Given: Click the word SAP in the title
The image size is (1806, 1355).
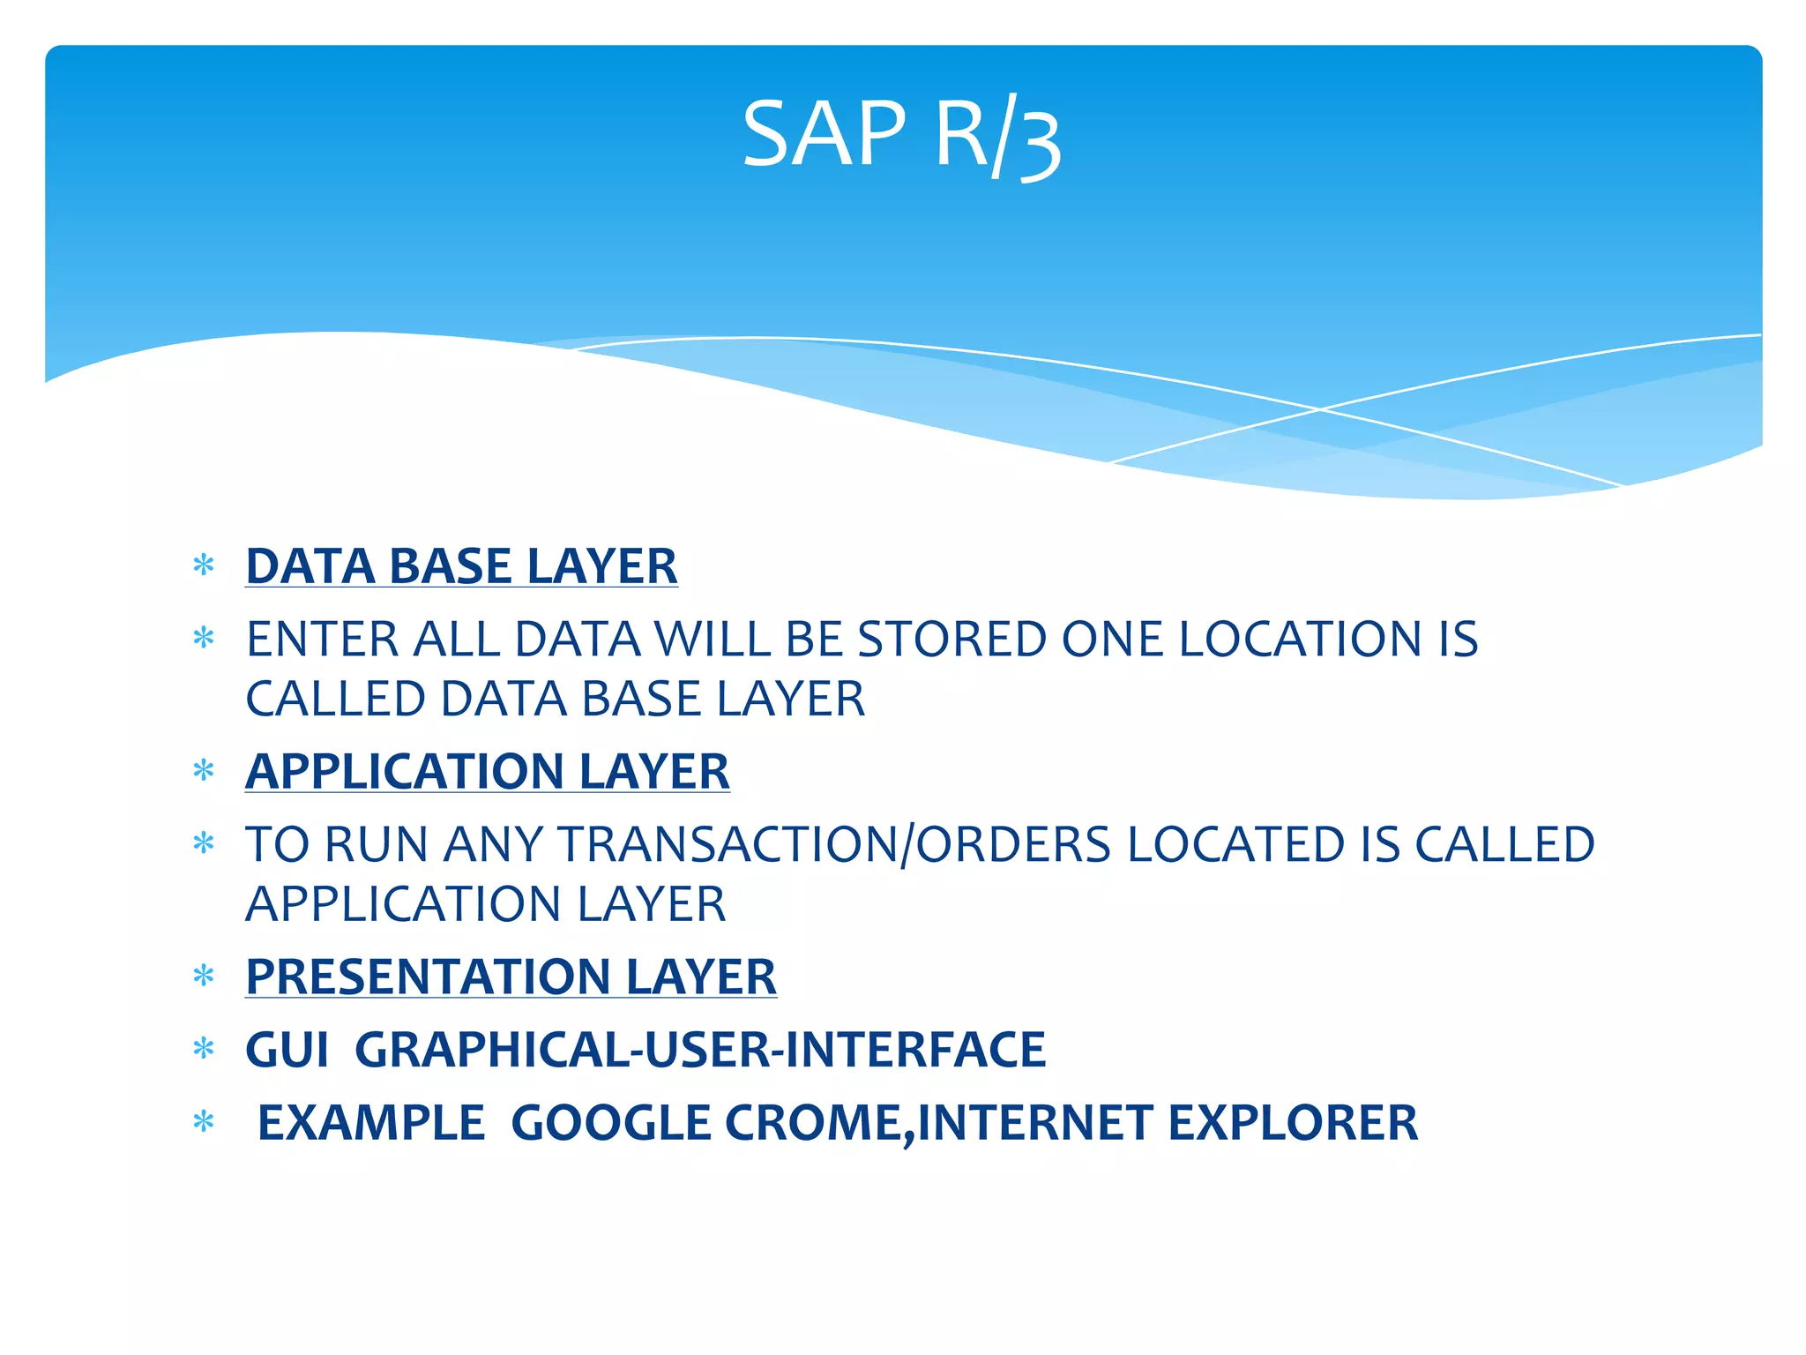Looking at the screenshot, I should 824,134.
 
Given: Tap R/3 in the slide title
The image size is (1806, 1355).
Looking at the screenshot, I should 997,138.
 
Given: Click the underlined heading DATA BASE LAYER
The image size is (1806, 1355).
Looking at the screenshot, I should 461,565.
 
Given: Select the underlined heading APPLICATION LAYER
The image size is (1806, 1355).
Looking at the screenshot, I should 487,771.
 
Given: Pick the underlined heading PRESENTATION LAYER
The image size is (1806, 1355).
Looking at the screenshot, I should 511,977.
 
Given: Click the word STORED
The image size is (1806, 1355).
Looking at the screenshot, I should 952,639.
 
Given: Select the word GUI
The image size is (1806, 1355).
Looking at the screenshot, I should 287,1050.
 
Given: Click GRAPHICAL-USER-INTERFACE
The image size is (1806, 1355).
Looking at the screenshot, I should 699,1050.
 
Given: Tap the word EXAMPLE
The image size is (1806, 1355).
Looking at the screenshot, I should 370,1123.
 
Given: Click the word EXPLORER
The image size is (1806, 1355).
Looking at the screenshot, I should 1293,1123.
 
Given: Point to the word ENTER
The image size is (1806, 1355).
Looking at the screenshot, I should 322,639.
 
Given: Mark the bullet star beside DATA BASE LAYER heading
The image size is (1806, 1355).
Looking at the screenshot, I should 204,565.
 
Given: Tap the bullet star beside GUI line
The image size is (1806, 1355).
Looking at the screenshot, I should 204,1049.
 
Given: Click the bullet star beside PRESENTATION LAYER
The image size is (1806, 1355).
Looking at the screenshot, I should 204,976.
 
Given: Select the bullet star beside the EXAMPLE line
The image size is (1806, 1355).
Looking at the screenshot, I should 204,1122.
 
